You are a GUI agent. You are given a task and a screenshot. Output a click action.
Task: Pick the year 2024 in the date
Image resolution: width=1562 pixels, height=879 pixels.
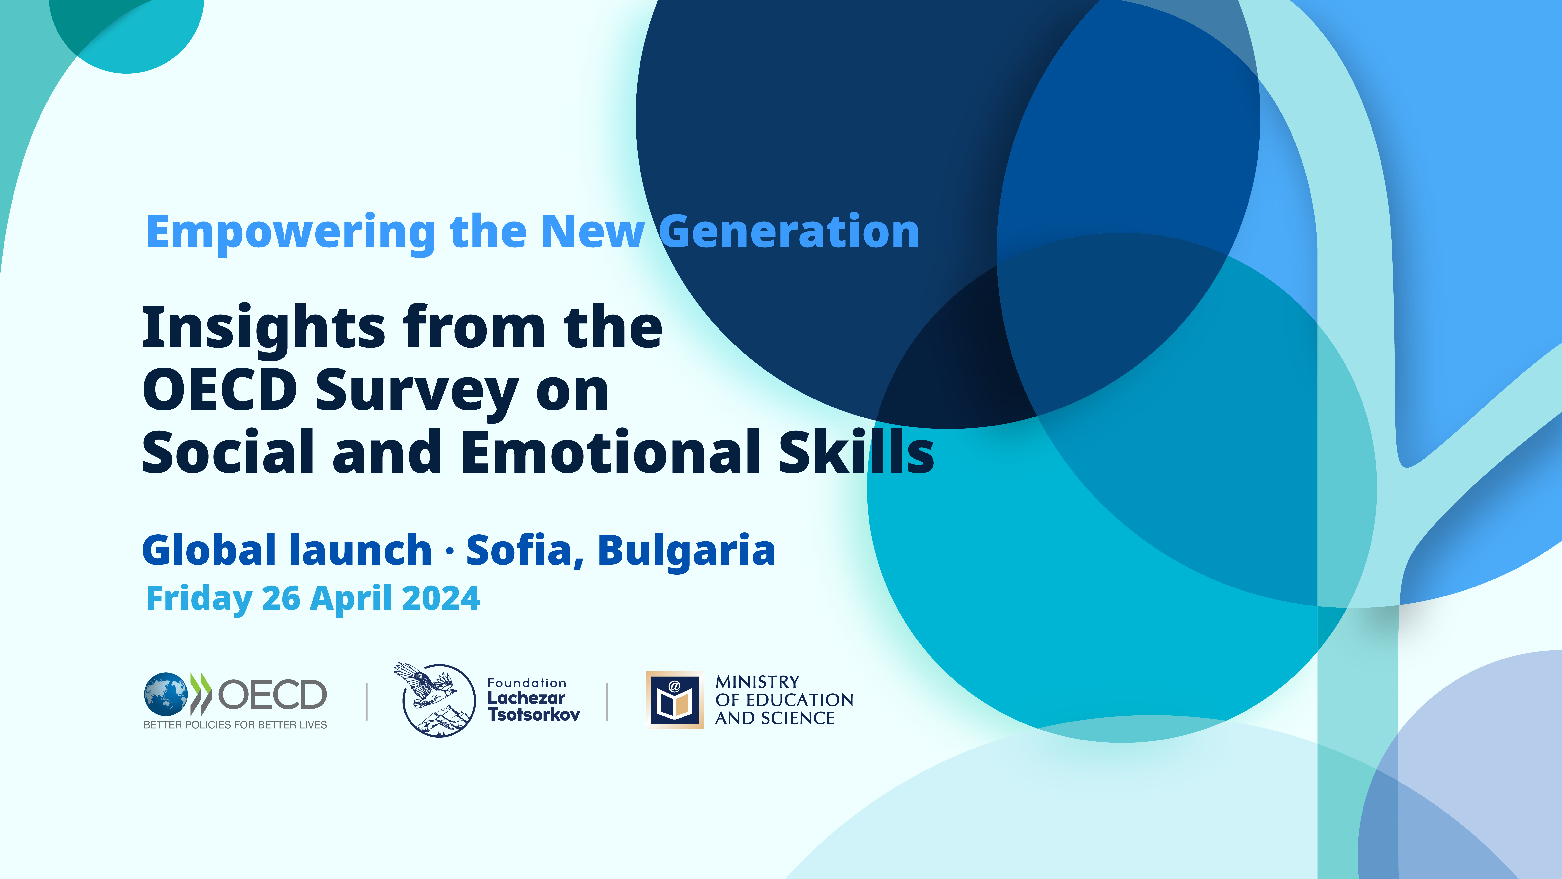(441, 599)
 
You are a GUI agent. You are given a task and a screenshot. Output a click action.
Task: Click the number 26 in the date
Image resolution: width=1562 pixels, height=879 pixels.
(281, 599)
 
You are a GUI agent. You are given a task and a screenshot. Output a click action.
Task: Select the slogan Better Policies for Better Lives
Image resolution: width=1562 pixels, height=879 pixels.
(235, 725)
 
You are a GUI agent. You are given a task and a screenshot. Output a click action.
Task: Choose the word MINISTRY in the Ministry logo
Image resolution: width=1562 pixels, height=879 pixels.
(757, 682)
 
